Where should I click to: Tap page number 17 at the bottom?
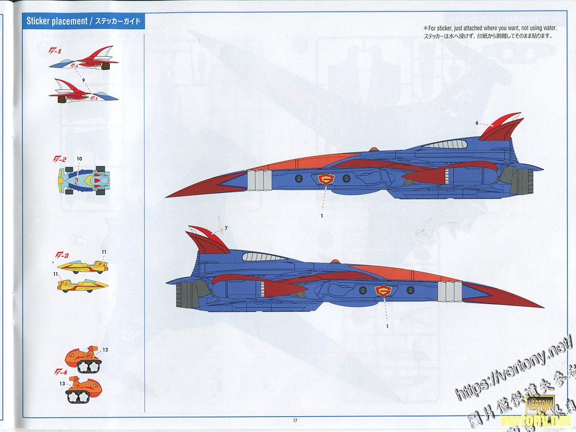pos(295,421)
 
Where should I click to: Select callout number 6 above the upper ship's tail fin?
pos(477,123)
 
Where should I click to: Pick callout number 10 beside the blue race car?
pos(79,158)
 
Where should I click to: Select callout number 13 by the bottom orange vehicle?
pos(62,384)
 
